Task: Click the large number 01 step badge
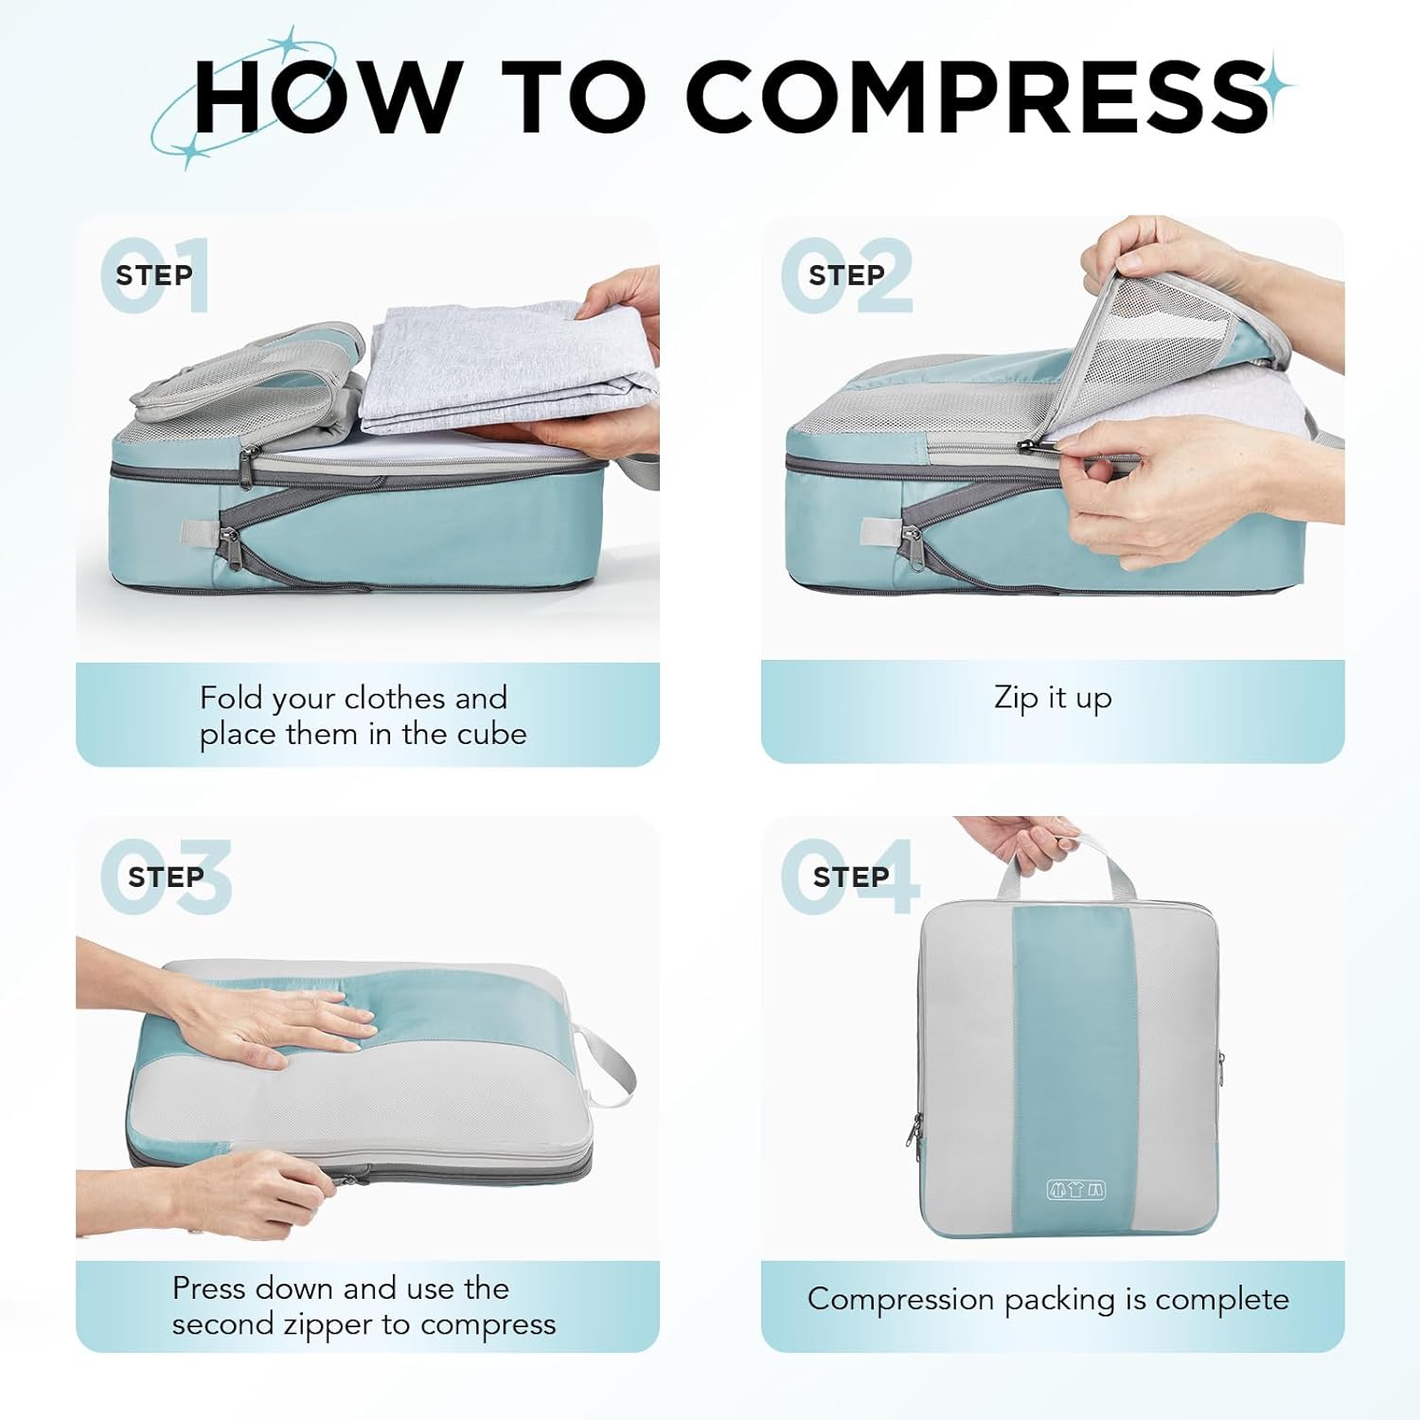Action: coord(156,275)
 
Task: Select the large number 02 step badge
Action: coord(847,275)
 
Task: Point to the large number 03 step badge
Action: coord(167,877)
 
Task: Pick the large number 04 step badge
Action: coord(849,877)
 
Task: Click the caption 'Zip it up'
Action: coord(1053,699)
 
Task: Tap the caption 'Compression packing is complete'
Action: coord(1048,1299)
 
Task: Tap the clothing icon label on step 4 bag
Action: coord(1075,1190)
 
